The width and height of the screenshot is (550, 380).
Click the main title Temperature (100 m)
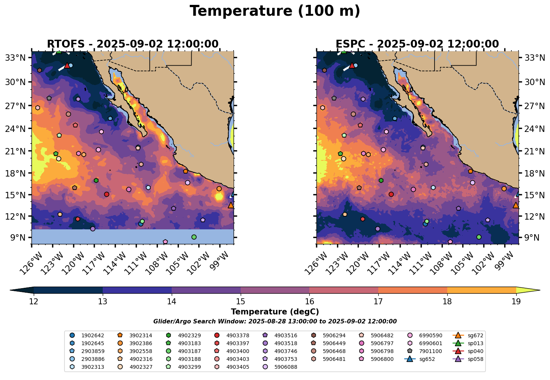tap(275, 11)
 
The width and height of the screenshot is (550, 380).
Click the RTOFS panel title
tap(132, 44)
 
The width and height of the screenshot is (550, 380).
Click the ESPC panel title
tap(417, 44)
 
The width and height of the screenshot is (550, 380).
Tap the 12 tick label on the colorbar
tap(34, 302)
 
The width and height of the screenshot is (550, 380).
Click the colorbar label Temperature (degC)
tap(275, 312)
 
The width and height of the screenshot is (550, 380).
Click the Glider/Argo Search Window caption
tap(275, 322)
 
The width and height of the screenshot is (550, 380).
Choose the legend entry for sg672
tap(467, 335)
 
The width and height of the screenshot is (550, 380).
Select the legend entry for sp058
tap(467, 359)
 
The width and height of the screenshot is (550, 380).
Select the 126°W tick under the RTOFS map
tap(31, 244)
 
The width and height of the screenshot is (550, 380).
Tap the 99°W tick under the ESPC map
tap(505, 244)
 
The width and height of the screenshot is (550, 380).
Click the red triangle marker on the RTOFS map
tap(67, 66)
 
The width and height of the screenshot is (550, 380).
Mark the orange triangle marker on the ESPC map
tap(516, 205)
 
